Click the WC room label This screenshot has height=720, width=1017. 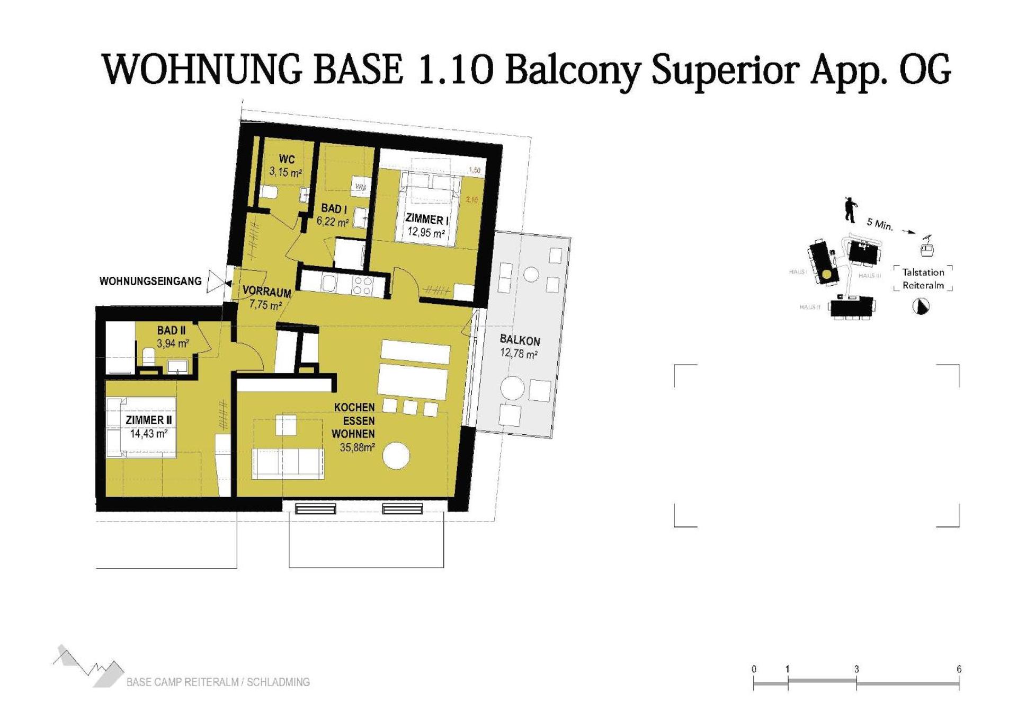[x=287, y=159]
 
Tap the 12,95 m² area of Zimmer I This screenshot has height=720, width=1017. [x=425, y=232]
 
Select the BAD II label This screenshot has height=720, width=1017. [x=171, y=330]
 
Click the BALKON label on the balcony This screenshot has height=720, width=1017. [x=520, y=340]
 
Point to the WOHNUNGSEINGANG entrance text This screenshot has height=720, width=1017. [x=150, y=281]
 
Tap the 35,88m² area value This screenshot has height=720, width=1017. [x=357, y=447]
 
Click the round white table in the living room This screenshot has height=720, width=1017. [x=396, y=455]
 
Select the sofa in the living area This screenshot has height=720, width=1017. [x=287, y=463]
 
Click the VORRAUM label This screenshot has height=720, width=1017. [x=266, y=292]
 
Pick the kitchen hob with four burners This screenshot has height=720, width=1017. [x=363, y=285]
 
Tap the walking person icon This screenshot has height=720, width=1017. [x=850, y=210]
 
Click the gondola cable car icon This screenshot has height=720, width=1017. [x=926, y=246]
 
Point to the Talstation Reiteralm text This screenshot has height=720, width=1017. [x=923, y=278]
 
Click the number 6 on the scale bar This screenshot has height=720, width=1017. [x=959, y=669]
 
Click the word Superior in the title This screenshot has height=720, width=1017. [x=725, y=70]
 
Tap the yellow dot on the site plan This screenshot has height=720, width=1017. [x=827, y=275]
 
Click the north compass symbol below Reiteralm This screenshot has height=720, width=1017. [x=921, y=306]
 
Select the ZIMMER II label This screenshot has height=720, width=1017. [x=148, y=420]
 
